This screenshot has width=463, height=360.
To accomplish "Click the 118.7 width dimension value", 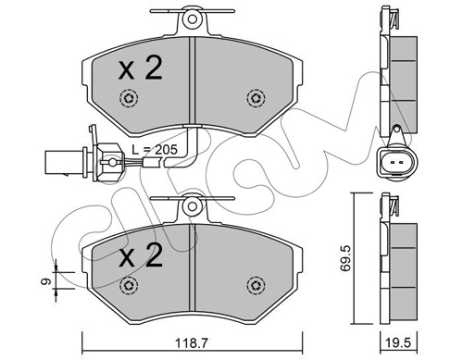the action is click(193, 342).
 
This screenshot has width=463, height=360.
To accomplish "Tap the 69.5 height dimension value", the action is click(344, 258).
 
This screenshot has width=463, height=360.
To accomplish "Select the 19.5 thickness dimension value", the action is click(399, 342).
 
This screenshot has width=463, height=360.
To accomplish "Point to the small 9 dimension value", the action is click(46, 281).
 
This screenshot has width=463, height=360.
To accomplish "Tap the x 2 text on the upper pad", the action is click(141, 68).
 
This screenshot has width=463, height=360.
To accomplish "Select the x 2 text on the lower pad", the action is click(141, 255).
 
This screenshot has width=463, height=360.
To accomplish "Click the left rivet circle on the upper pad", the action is click(129, 98).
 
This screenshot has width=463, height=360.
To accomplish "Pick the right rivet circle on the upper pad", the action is click(256, 98).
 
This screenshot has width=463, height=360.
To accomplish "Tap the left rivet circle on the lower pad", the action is click(129, 286).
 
